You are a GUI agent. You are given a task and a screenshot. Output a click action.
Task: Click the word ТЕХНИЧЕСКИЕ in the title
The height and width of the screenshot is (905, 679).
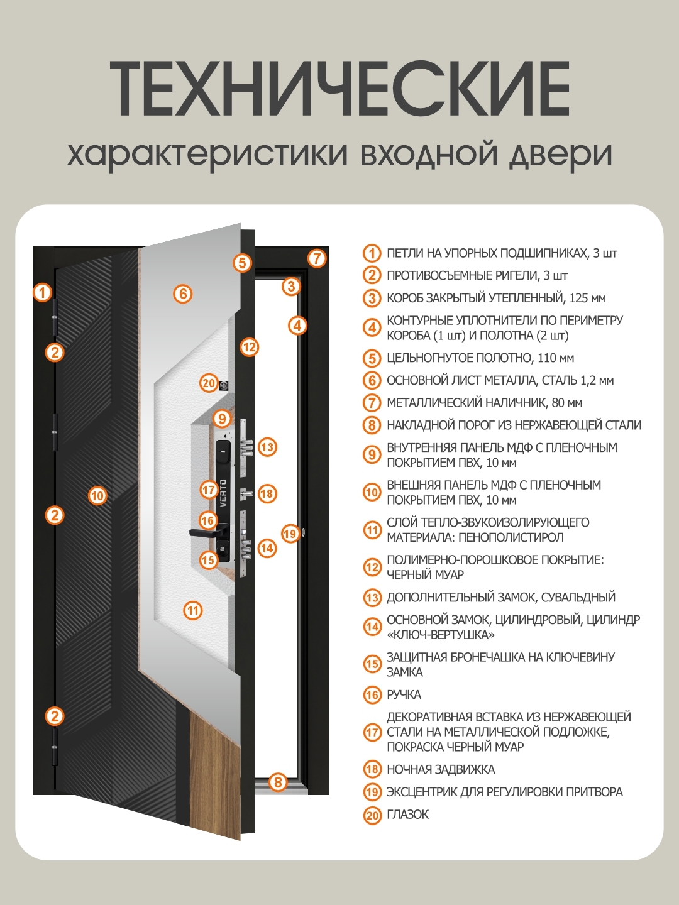(x=339, y=89)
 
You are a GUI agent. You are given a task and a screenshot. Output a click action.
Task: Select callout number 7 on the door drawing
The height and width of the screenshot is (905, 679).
(x=317, y=258)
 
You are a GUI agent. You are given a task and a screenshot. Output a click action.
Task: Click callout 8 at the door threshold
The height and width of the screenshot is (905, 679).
(x=278, y=782)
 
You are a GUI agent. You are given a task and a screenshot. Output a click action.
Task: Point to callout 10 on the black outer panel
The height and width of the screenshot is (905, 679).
(x=97, y=496)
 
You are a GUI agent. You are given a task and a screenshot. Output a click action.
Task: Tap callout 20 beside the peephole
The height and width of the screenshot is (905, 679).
(x=209, y=383)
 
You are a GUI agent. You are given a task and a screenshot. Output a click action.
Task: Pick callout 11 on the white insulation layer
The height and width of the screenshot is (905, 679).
(x=193, y=610)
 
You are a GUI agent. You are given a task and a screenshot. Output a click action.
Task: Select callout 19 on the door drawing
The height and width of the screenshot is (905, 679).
(x=289, y=534)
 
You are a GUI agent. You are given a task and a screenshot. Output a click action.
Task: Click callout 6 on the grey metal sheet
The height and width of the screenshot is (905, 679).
(x=182, y=293)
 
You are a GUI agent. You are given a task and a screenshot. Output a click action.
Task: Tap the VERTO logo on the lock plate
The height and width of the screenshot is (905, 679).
(x=223, y=494)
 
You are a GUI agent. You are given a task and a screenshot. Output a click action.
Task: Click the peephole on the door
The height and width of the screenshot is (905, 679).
(x=224, y=385)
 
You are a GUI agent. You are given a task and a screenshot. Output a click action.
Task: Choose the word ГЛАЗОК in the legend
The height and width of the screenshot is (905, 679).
(x=407, y=814)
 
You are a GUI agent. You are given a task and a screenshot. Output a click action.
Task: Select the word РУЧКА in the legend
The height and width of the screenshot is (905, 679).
(x=404, y=695)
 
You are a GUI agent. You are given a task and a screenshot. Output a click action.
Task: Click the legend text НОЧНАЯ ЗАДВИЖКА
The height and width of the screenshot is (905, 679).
(x=441, y=770)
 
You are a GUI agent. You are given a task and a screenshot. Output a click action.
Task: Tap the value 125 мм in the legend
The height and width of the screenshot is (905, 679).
(x=587, y=299)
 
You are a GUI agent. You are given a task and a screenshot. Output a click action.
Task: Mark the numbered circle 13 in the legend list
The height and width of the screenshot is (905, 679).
(x=372, y=598)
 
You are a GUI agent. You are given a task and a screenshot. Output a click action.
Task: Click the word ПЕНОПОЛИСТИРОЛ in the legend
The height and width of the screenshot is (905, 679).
(x=511, y=538)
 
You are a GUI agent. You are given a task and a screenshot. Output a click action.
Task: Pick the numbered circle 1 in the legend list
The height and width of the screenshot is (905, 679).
(x=372, y=253)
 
